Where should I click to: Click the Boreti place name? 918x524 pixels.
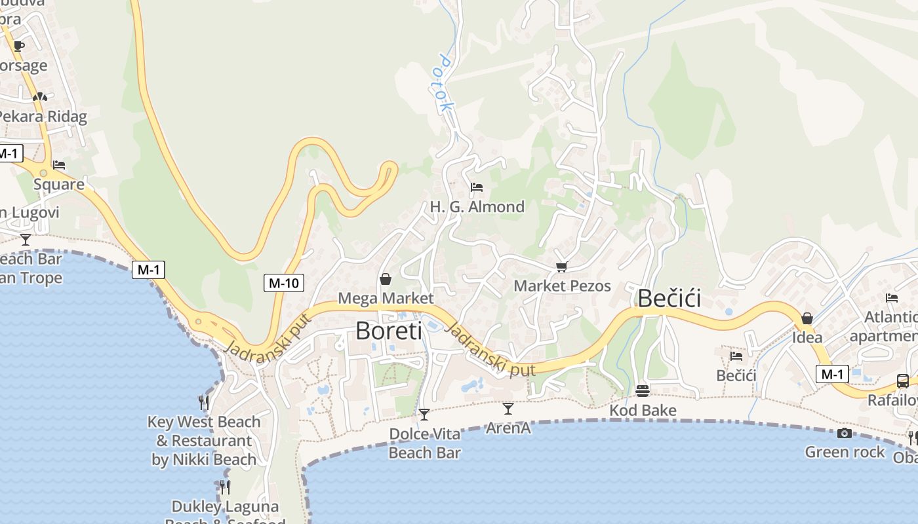click(x=389, y=331)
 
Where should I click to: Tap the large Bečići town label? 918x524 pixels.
click(x=669, y=299)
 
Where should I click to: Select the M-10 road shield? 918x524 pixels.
click(x=285, y=283)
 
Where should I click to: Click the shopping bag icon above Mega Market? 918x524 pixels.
click(x=386, y=280)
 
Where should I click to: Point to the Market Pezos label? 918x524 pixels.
click(x=562, y=286)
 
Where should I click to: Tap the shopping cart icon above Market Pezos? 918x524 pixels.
click(x=561, y=267)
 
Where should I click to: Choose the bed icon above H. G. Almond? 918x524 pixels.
click(x=477, y=187)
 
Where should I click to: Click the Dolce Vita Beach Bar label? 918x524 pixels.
click(x=425, y=443)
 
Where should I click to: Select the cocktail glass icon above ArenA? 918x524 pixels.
click(x=508, y=409)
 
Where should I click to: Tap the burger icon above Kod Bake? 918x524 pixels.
click(x=643, y=391)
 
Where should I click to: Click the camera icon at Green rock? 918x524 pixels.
click(x=845, y=433)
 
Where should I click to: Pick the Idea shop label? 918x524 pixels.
click(x=807, y=338)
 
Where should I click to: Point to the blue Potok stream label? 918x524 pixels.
click(x=445, y=82)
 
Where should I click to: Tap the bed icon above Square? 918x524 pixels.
click(x=59, y=165)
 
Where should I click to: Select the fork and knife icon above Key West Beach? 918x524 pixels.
click(x=204, y=402)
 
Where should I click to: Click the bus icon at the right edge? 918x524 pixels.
click(x=903, y=381)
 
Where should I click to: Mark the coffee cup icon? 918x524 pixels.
click(x=18, y=46)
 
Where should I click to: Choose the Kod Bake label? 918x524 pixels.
click(x=643, y=411)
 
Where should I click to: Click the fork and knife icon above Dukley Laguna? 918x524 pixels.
click(x=225, y=487)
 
